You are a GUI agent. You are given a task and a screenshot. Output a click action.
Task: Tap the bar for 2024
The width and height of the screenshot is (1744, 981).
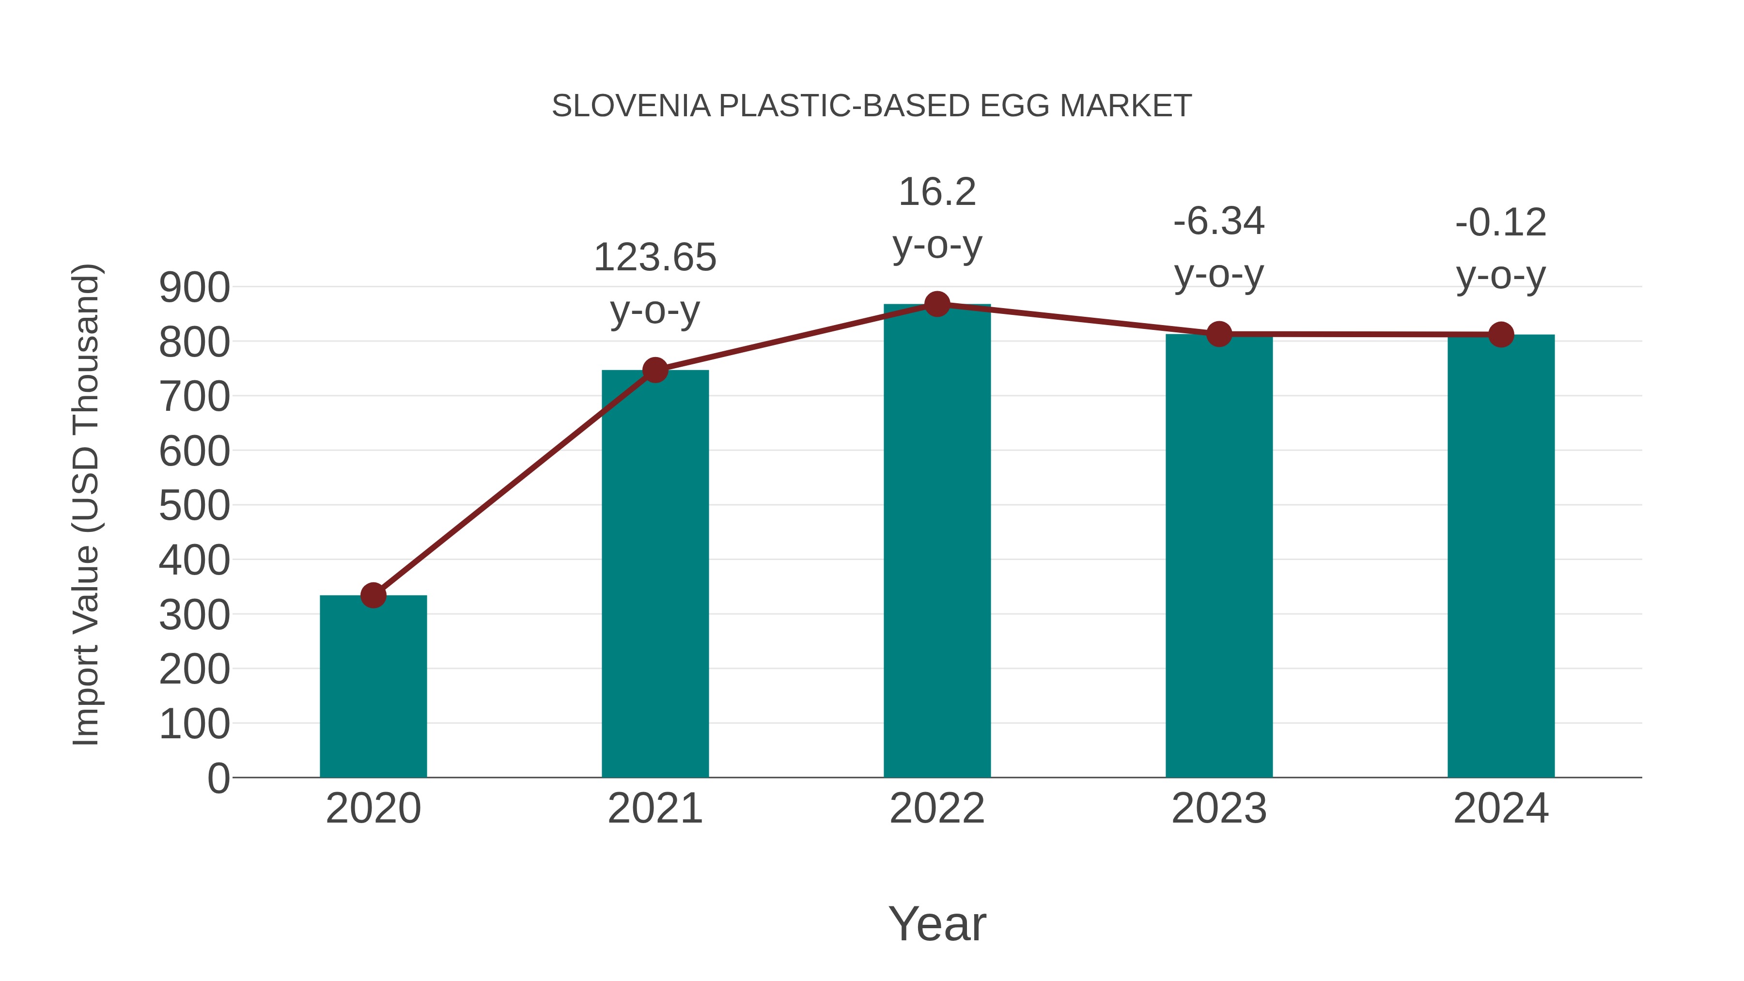tap(1501, 555)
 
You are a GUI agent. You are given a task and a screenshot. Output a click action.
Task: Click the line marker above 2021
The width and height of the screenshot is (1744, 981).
tap(654, 370)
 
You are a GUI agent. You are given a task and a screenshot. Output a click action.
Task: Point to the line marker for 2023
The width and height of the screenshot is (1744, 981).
tap(1219, 334)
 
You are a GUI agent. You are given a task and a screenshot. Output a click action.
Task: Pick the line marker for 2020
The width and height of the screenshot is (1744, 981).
tap(373, 595)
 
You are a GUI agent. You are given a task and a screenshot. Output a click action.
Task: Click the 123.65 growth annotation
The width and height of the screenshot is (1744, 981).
tap(654, 258)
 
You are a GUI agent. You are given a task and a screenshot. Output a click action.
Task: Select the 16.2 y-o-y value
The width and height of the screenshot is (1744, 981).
tap(937, 192)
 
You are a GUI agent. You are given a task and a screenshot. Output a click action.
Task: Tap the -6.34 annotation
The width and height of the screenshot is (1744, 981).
tap(1219, 221)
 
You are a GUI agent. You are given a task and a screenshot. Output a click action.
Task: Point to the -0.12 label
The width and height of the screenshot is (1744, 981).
tap(1501, 223)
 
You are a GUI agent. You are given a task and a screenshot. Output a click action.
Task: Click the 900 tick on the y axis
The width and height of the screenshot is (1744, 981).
tap(194, 287)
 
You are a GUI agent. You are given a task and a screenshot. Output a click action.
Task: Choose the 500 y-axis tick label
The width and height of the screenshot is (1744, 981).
tap(194, 506)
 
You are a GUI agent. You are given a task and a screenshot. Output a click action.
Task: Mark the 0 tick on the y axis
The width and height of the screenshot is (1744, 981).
tap(218, 778)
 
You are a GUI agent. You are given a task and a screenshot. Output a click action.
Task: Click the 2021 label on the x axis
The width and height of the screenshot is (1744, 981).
tap(654, 809)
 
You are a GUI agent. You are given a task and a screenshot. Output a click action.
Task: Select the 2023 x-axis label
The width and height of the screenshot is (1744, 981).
tap(1219, 809)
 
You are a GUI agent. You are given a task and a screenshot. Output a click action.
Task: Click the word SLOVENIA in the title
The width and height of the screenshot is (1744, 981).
tap(631, 106)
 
